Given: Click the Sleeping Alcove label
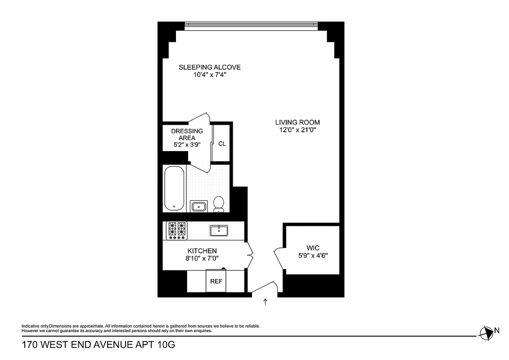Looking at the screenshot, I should click(x=209, y=67).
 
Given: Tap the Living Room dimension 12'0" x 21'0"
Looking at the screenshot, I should click(x=297, y=130).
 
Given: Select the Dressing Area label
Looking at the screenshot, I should click(x=187, y=134).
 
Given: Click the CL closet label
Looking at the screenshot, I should click(x=222, y=144).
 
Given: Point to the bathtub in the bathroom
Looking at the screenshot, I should click(x=174, y=188).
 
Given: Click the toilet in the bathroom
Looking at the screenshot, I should click(x=219, y=204).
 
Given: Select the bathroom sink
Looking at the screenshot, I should click(x=198, y=207).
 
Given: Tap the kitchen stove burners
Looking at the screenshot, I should click(x=176, y=229).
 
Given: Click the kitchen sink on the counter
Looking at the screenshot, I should click(x=219, y=231).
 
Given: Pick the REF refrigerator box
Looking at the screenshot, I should click(x=216, y=281).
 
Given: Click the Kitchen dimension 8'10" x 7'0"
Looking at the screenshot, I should click(x=202, y=258).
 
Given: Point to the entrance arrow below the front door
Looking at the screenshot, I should click(x=265, y=302).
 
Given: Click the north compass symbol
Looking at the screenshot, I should click(x=486, y=333).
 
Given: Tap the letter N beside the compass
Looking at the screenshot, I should click(x=497, y=330).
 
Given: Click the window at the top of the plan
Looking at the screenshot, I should click(x=252, y=25).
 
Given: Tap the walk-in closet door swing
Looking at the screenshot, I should click(x=277, y=258).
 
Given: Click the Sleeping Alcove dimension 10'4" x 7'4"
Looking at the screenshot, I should click(x=209, y=75).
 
